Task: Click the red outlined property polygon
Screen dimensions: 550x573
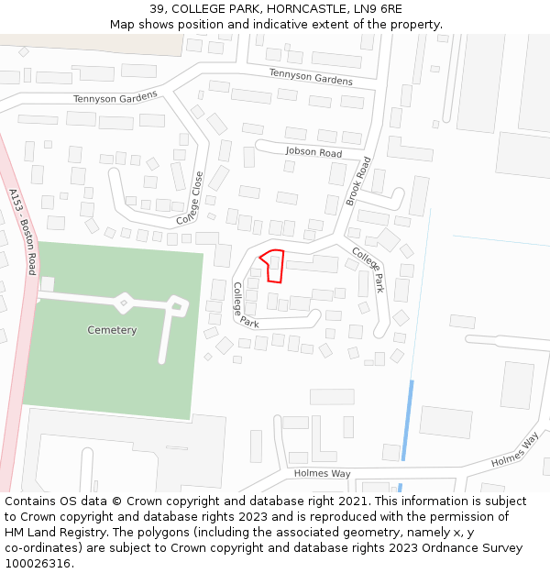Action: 273,266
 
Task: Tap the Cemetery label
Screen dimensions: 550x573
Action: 112,330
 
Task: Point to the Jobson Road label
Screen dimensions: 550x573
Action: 313,152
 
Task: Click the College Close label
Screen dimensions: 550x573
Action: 191,199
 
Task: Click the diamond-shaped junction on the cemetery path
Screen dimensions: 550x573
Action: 124,300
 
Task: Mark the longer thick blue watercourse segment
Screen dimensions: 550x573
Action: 407,419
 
